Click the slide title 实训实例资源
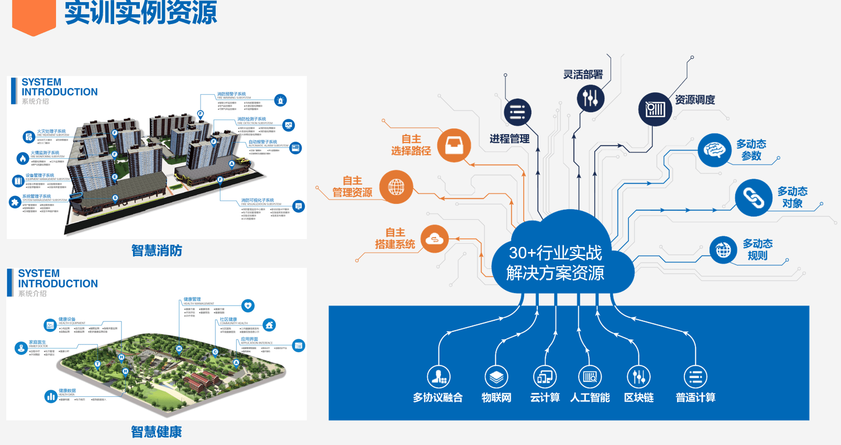[x=140, y=13]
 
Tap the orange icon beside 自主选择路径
[x=454, y=145]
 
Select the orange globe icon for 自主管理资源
[x=396, y=187]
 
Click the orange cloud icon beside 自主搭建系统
[x=435, y=239]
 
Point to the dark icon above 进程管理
[x=517, y=112]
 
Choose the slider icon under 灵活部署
[x=590, y=98]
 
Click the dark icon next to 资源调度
[x=655, y=109]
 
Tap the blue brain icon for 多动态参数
[x=714, y=150]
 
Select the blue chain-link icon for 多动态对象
[x=754, y=198]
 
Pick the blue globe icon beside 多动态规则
[x=723, y=250]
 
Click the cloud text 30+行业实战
[x=555, y=253]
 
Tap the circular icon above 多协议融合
[x=438, y=376]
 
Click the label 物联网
[x=496, y=397]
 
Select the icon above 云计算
[x=545, y=376]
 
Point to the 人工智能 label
[x=590, y=397]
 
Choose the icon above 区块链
[x=638, y=376]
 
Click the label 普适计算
[x=695, y=397]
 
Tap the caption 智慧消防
[x=157, y=251]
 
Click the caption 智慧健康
[x=157, y=432]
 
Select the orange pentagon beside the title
[x=34, y=16]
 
